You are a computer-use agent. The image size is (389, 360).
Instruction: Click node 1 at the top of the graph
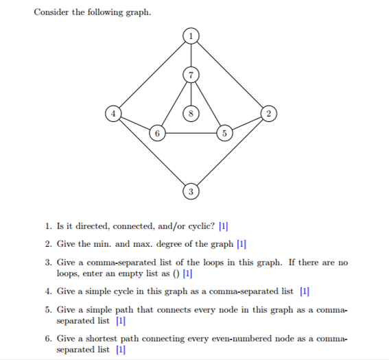(191, 34)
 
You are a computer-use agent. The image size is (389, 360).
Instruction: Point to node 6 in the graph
(157, 133)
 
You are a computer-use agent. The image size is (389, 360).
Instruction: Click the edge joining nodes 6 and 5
(190, 133)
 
